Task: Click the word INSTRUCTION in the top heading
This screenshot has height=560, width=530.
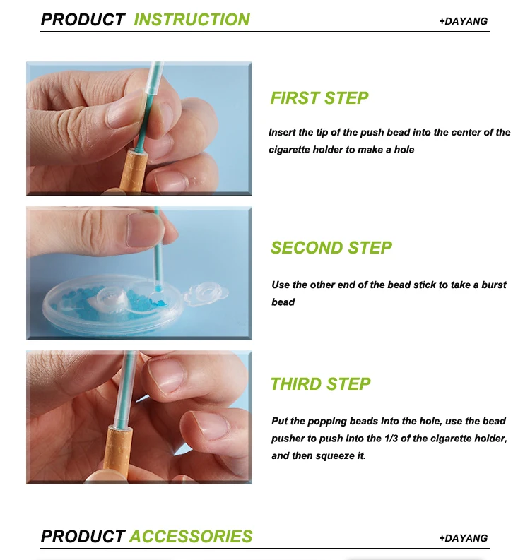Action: click(x=192, y=20)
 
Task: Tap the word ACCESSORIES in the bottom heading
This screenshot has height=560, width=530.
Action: click(x=191, y=537)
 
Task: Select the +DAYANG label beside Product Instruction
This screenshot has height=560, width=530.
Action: click(x=463, y=21)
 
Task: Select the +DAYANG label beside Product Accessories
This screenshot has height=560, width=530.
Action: click(x=463, y=538)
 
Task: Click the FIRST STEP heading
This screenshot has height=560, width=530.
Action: click(x=319, y=98)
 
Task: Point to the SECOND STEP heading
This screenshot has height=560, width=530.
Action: click(x=331, y=248)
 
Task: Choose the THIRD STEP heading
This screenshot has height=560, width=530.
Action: click(x=321, y=384)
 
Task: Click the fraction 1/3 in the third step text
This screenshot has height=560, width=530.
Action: click(x=391, y=439)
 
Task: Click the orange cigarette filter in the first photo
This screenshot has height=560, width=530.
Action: click(x=133, y=170)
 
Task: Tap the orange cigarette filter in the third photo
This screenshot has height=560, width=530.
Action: click(x=117, y=453)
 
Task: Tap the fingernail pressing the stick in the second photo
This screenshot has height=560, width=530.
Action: click(x=145, y=230)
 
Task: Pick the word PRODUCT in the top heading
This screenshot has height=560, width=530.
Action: click(x=83, y=20)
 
